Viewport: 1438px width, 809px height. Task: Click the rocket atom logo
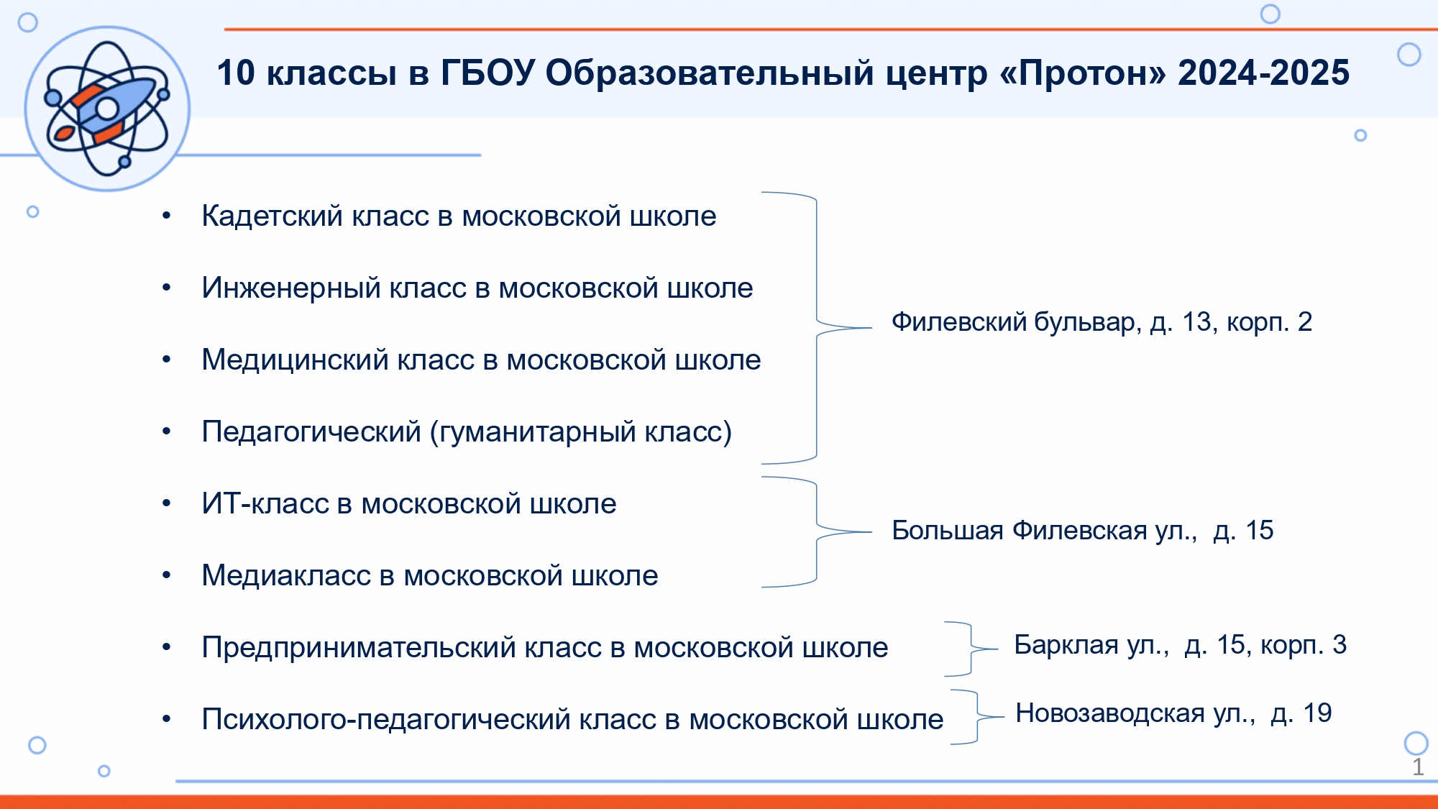(x=107, y=109)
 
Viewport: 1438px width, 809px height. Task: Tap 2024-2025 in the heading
(x=1264, y=73)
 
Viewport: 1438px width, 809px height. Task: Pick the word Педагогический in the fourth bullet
(x=311, y=432)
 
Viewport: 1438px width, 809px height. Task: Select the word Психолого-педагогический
(x=386, y=720)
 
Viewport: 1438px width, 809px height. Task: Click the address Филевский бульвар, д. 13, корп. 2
(x=1102, y=322)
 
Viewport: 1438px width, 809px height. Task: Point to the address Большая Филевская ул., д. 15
(x=1083, y=531)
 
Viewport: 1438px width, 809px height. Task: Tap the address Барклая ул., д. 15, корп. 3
(x=1181, y=645)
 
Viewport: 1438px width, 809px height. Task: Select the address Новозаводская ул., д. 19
(x=1173, y=713)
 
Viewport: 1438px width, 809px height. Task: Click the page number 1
(x=1418, y=767)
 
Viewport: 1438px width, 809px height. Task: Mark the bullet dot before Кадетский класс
(x=167, y=216)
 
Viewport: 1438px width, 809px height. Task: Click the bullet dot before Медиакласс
(x=167, y=575)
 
